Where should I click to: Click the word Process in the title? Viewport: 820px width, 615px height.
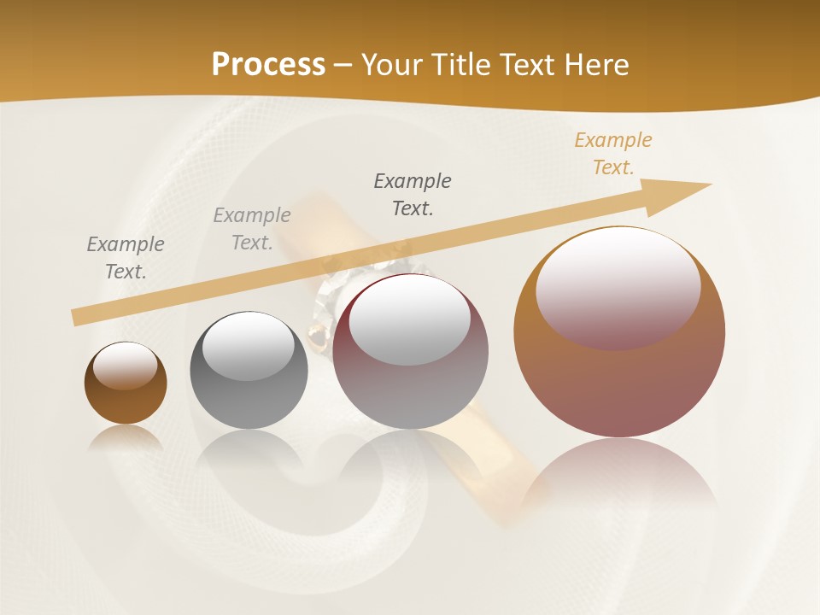[x=268, y=65]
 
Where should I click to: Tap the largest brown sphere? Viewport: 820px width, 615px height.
[x=619, y=376]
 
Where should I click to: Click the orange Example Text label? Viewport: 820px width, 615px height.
[x=613, y=154]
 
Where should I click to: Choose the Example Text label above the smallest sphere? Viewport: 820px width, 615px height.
[x=126, y=258]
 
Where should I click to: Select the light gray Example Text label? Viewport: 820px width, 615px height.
[x=252, y=229]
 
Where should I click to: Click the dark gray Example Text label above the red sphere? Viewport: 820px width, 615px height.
[x=413, y=194]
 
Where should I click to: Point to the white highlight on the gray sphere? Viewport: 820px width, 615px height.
[x=248, y=346]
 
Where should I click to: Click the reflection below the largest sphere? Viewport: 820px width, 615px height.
[x=619, y=474]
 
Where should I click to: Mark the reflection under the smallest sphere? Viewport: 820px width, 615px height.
[x=126, y=437]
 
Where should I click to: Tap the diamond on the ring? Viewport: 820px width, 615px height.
[x=329, y=295]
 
